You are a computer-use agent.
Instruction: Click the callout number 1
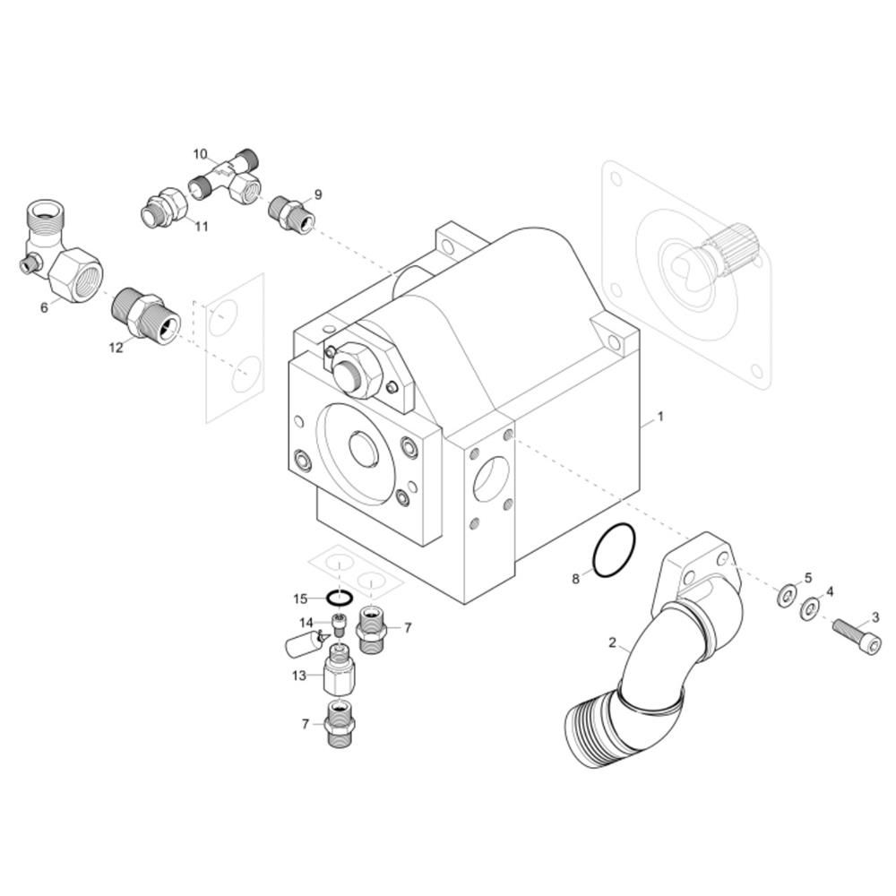point(660,417)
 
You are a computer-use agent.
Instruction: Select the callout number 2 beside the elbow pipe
point(612,642)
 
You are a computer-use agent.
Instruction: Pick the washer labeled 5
point(786,596)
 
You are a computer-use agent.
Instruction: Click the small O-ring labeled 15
point(340,599)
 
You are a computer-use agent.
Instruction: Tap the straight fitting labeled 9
point(291,213)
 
